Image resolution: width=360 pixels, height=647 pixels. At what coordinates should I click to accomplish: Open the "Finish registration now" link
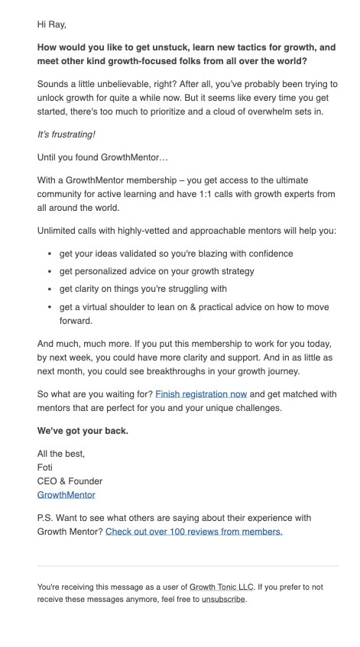[201, 394]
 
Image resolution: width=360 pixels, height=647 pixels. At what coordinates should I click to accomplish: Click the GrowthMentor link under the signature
[66, 495]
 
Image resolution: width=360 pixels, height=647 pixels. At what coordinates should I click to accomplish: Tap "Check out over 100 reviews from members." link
[193, 531]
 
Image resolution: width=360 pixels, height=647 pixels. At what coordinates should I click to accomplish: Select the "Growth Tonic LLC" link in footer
[222, 587]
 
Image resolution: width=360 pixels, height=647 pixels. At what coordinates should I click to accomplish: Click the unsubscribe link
[223, 599]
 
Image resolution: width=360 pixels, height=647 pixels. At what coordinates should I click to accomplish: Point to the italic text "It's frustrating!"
[66, 134]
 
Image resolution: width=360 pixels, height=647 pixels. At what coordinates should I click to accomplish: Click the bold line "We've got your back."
[83, 430]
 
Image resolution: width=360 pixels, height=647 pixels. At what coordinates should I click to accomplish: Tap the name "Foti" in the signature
[46, 467]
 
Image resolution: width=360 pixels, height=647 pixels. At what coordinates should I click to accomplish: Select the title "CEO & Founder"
[70, 481]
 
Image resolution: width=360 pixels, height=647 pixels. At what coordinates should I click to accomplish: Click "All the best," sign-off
[61, 454]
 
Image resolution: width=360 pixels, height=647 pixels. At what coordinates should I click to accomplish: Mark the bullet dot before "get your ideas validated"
[50, 254]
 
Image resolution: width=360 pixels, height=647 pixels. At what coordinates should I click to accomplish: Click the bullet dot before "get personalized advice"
[50, 271]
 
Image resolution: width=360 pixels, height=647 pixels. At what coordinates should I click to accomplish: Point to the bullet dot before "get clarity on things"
[50, 290]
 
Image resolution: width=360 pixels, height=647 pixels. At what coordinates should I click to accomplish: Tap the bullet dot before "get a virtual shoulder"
[50, 308]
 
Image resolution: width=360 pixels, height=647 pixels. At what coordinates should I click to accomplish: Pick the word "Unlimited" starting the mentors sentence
[59, 230]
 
